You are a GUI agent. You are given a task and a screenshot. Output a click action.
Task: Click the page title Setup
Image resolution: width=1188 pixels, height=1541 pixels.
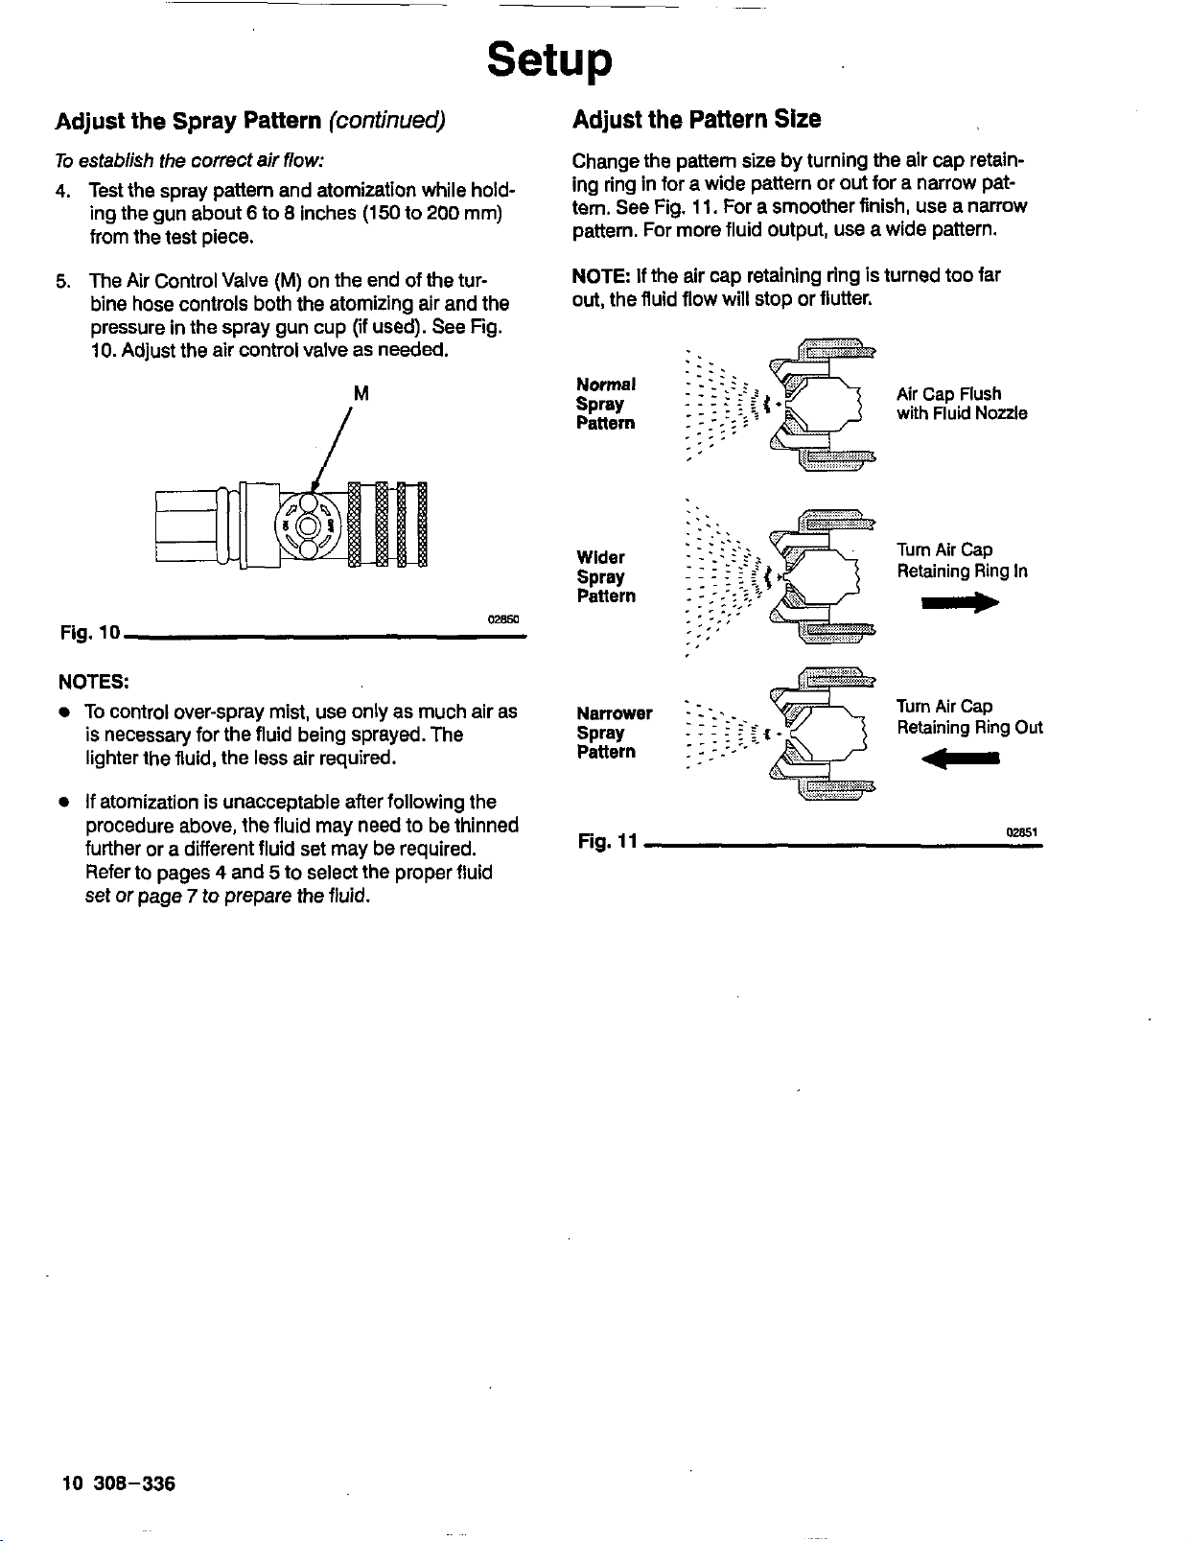(548, 60)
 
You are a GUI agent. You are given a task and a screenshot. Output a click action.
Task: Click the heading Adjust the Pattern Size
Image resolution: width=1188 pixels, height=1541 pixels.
(696, 120)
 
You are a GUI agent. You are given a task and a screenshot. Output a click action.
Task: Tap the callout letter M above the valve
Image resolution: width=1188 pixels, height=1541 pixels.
(361, 393)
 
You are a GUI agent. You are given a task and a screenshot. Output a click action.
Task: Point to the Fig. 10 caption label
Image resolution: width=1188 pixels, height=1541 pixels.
(89, 633)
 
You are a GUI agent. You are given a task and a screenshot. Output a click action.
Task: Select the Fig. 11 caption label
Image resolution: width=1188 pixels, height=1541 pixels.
(608, 842)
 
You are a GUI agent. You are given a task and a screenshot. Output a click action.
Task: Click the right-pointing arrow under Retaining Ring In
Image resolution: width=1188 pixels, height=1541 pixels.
(960, 603)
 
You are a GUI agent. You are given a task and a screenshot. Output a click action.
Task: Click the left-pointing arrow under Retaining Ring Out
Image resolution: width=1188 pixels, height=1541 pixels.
(960, 759)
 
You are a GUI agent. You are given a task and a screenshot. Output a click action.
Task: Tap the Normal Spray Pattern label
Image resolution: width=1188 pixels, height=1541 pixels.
(605, 404)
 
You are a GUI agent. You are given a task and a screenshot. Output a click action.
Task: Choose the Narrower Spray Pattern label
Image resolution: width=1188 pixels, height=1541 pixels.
(614, 733)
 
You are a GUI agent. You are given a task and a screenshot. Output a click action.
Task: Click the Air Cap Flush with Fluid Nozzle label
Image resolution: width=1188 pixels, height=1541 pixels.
(961, 404)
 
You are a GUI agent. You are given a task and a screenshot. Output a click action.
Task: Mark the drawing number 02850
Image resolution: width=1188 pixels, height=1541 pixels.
(502, 619)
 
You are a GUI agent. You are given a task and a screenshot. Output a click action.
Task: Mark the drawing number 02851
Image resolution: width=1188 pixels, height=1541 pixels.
(1022, 831)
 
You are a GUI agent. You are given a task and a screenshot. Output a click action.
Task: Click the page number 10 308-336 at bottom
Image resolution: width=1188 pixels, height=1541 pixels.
(118, 1483)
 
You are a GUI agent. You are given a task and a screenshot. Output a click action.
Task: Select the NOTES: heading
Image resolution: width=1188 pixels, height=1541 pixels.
(94, 682)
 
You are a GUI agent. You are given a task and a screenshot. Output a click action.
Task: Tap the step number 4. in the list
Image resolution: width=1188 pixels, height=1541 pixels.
(63, 191)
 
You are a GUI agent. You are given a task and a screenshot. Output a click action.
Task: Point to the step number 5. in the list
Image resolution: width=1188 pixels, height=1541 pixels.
(63, 281)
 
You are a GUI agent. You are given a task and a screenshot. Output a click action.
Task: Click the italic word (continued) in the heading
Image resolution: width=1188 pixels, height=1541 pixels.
(386, 121)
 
